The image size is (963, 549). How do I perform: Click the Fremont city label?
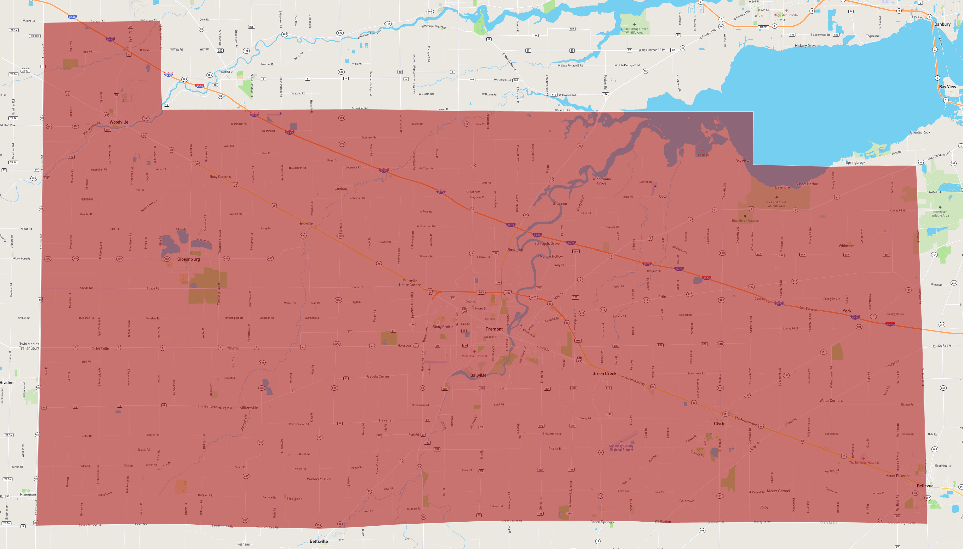tap(494, 329)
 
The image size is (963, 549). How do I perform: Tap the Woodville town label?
tap(119, 122)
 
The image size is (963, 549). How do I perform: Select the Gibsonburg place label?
tap(188, 259)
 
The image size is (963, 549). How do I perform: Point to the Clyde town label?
tap(719, 424)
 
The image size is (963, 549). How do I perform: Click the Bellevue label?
tap(925, 486)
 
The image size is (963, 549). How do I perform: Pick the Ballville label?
tap(478, 375)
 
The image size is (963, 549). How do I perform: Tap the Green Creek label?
tap(604, 373)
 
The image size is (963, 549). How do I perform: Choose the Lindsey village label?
tap(341, 189)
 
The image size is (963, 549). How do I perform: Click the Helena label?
tap(233, 348)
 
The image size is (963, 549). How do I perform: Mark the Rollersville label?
tap(100, 348)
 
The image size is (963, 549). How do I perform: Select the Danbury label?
tap(942, 24)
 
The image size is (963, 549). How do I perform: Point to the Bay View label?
tap(947, 87)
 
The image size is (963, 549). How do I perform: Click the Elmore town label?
tap(226, 72)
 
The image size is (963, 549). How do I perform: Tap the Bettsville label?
tap(319, 541)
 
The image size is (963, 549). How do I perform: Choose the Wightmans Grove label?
tap(601, 181)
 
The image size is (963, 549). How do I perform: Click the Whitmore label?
tap(847, 246)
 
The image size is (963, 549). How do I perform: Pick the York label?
tap(847, 311)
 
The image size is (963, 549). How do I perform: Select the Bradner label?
tap(8, 383)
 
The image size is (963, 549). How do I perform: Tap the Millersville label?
tap(249, 408)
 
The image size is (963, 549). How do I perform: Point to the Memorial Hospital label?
tap(474, 356)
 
